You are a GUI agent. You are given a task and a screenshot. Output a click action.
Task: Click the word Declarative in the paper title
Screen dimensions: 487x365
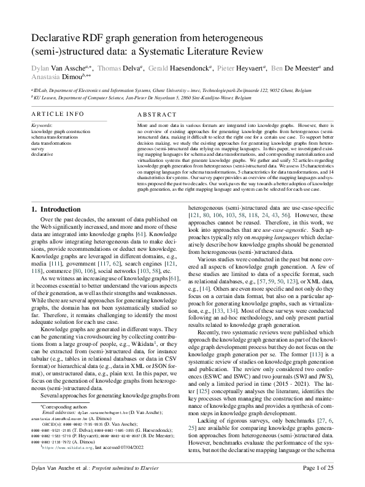tap(59, 38)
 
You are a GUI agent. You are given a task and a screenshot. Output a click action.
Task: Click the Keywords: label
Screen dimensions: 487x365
tap(42, 125)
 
